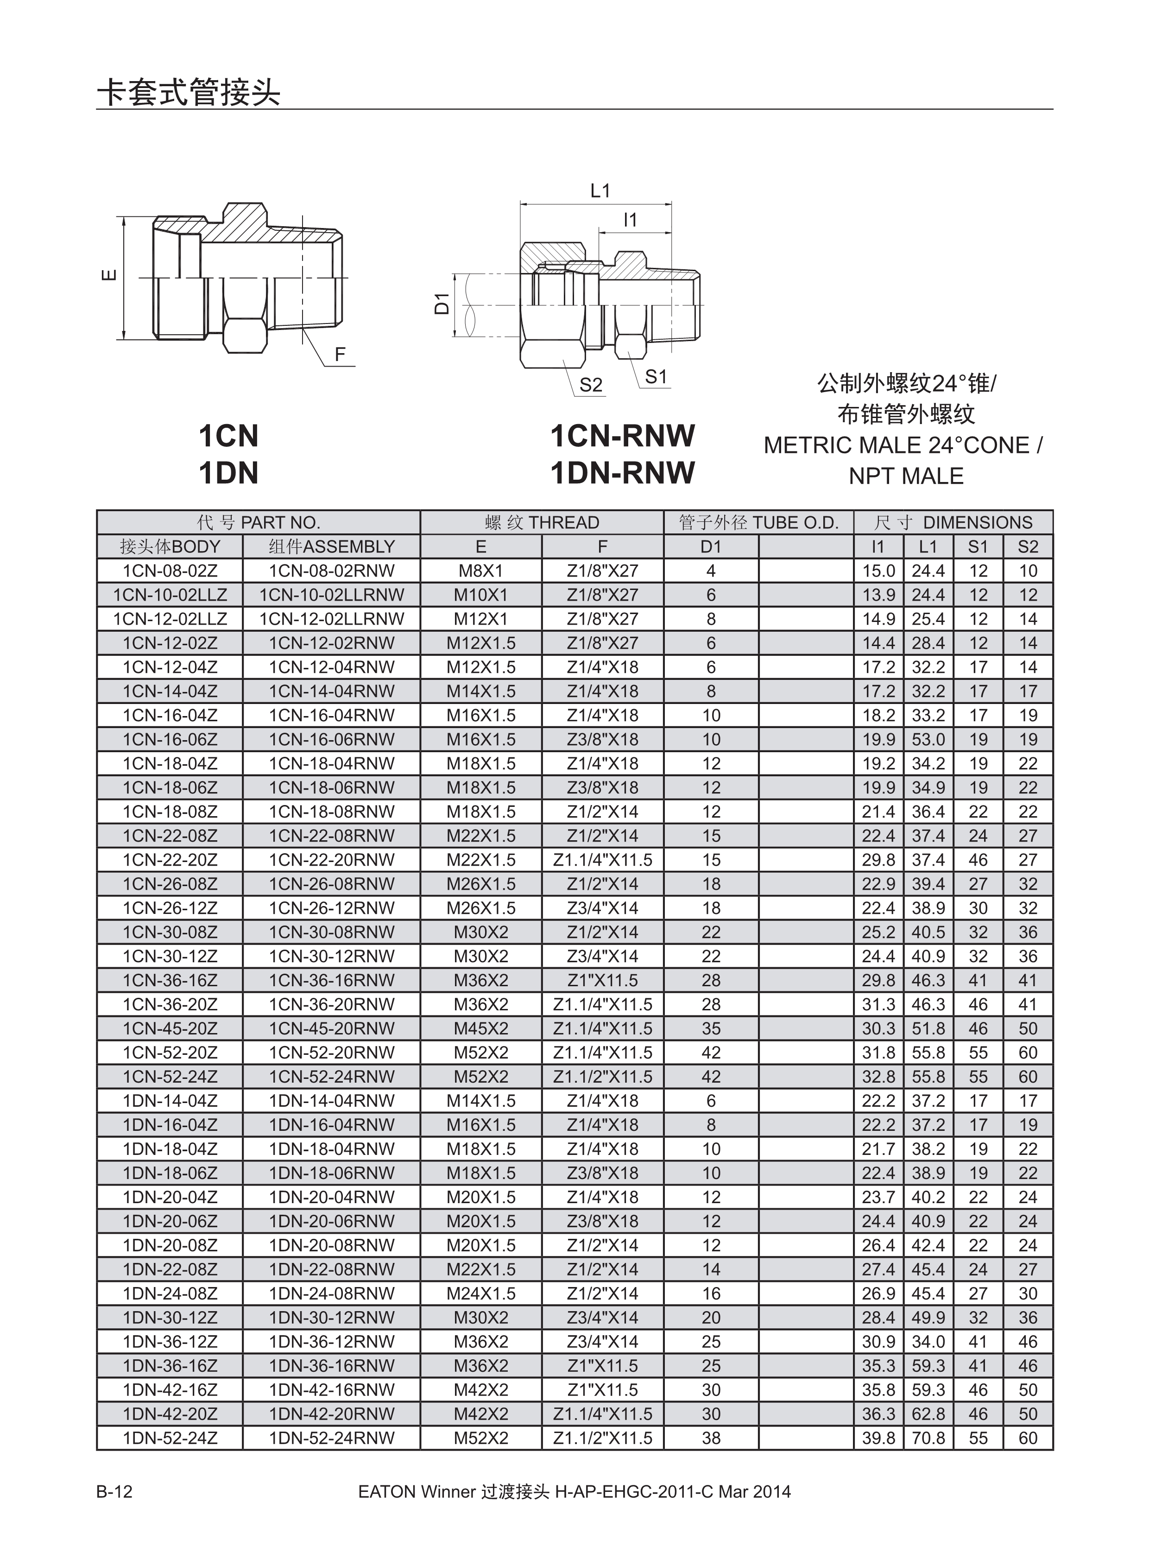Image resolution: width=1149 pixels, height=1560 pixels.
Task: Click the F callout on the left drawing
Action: click(x=340, y=354)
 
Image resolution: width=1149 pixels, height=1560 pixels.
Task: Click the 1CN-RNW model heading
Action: click(x=623, y=436)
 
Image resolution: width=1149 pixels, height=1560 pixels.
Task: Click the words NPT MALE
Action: click(x=906, y=476)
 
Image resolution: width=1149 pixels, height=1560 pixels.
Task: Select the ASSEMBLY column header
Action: click(x=349, y=546)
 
